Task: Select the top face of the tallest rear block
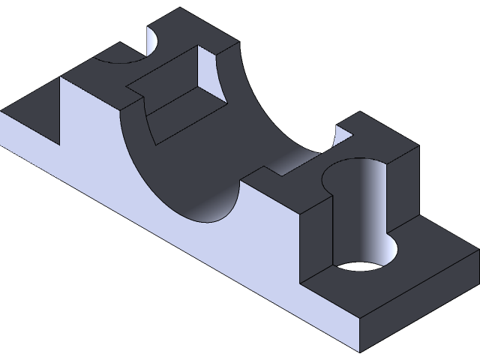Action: click(x=187, y=30)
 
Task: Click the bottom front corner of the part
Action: click(x=359, y=352)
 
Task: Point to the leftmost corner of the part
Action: click(x=2, y=113)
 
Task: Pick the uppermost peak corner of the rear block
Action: click(x=182, y=9)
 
